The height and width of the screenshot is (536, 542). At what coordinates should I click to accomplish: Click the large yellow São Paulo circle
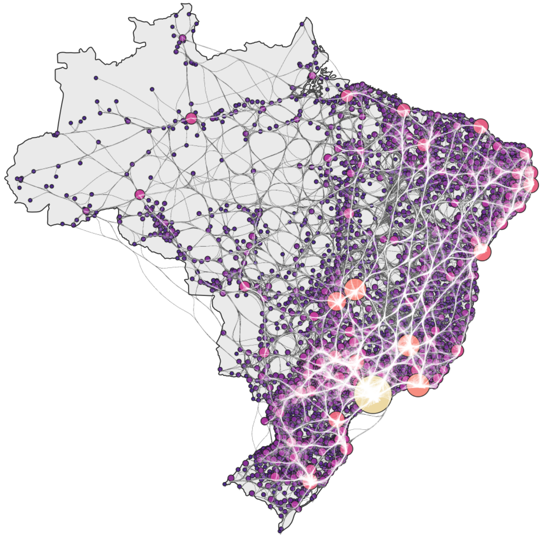[373, 394]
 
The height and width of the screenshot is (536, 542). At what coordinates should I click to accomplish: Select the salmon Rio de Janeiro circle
[418, 385]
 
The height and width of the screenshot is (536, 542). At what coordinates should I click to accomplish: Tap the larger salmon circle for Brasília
[355, 289]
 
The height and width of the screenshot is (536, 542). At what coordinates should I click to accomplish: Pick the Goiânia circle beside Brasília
[337, 301]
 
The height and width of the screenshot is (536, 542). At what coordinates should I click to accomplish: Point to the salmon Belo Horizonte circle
[408, 345]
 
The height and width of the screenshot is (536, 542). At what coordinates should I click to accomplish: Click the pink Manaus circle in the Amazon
[191, 118]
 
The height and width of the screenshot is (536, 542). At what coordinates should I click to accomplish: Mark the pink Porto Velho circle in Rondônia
[140, 195]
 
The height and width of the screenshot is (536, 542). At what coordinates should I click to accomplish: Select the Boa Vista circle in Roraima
[182, 38]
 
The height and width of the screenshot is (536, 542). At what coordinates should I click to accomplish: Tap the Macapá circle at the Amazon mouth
[312, 76]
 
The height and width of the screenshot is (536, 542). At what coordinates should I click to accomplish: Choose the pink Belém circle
[347, 96]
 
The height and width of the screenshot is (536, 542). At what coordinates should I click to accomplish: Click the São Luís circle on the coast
[404, 110]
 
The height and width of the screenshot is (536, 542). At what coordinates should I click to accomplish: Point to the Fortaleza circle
[481, 126]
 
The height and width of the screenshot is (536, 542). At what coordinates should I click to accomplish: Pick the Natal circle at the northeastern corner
[526, 154]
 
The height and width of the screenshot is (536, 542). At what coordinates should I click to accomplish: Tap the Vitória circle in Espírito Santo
[457, 351]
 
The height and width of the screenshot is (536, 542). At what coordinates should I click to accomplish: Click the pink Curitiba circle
[336, 419]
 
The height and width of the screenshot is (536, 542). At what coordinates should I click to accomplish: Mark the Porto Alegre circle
[310, 481]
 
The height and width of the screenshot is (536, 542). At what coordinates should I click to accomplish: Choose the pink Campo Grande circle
[264, 352]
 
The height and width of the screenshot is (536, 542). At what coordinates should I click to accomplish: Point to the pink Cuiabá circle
[244, 286]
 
